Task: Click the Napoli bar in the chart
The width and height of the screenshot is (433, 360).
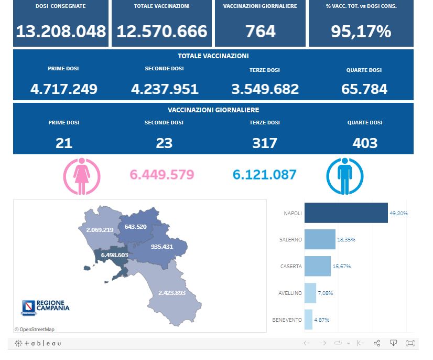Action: tap(346, 213)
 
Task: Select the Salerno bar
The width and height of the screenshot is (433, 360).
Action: tap(320, 239)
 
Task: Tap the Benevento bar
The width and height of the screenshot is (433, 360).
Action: tap(308, 320)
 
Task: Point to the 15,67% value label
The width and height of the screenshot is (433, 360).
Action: tap(341, 266)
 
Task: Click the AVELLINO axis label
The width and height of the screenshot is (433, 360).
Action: tap(290, 293)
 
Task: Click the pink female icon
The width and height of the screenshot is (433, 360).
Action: tap(81, 176)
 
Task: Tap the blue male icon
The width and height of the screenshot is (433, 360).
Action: tap(344, 176)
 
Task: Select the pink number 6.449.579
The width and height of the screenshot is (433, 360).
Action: tap(161, 175)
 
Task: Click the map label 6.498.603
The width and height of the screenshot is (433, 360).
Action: tap(111, 255)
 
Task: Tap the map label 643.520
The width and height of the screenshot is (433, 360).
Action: tap(135, 227)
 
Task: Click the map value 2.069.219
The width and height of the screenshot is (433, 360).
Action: tap(96, 230)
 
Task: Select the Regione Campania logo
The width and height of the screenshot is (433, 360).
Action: tap(46, 307)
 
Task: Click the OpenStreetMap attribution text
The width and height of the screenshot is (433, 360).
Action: tap(34, 330)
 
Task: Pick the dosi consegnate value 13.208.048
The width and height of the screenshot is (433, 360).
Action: tap(61, 31)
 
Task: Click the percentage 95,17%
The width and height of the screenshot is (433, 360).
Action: tap(361, 31)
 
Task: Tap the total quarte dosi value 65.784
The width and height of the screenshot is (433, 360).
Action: tap(364, 89)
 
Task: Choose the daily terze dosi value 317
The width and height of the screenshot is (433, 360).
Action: tap(265, 143)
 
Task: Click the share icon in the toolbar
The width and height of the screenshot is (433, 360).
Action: tap(377, 343)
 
